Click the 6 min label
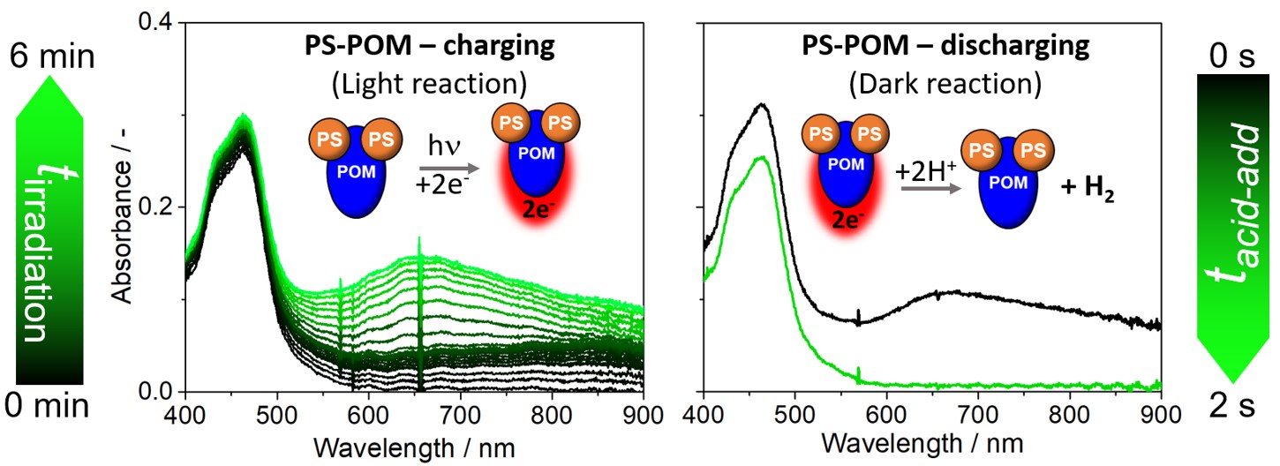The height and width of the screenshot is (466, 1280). pos(51,59)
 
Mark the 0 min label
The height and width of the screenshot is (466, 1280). pos(51,406)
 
